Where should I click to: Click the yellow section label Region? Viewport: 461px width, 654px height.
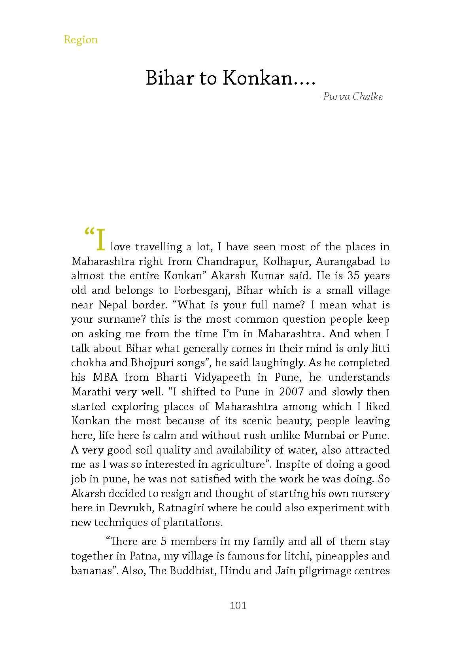pos(81,40)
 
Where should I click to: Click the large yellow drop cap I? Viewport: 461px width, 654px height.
pos(101,240)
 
